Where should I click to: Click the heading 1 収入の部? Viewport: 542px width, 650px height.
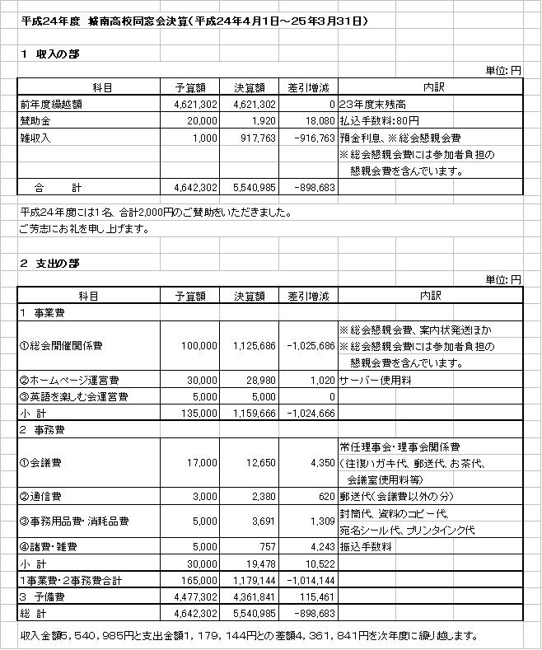click(51, 54)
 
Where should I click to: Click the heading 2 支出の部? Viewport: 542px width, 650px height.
click(51, 263)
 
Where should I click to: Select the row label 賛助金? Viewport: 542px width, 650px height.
click(35, 121)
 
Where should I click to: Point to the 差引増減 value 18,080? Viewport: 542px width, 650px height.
click(319, 121)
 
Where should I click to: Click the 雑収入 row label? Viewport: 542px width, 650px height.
click(35, 138)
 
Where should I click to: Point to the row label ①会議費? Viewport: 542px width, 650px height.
click(39, 463)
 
